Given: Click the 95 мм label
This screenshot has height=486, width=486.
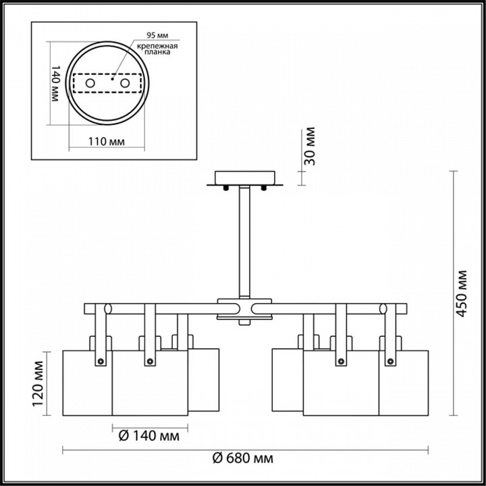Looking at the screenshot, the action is pyautogui.click(x=157, y=35).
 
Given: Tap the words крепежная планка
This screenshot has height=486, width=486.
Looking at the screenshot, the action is pyautogui.click(x=157, y=49).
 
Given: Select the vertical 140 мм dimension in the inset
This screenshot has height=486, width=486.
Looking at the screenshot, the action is pyautogui.click(x=55, y=83).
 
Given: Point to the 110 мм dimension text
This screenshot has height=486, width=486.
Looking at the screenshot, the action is pyautogui.click(x=107, y=142).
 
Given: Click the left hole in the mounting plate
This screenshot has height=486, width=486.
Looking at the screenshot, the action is pyautogui.click(x=90, y=83).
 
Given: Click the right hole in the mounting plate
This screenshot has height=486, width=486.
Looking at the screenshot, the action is pyautogui.click(x=125, y=83).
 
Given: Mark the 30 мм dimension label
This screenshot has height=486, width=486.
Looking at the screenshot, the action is pyautogui.click(x=309, y=146).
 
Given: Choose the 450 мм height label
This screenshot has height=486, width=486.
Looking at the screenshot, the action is pyautogui.click(x=462, y=294).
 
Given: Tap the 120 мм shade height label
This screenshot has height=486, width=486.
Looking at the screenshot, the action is pyautogui.click(x=38, y=383).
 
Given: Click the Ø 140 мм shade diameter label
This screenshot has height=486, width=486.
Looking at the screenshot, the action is pyautogui.click(x=149, y=436).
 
